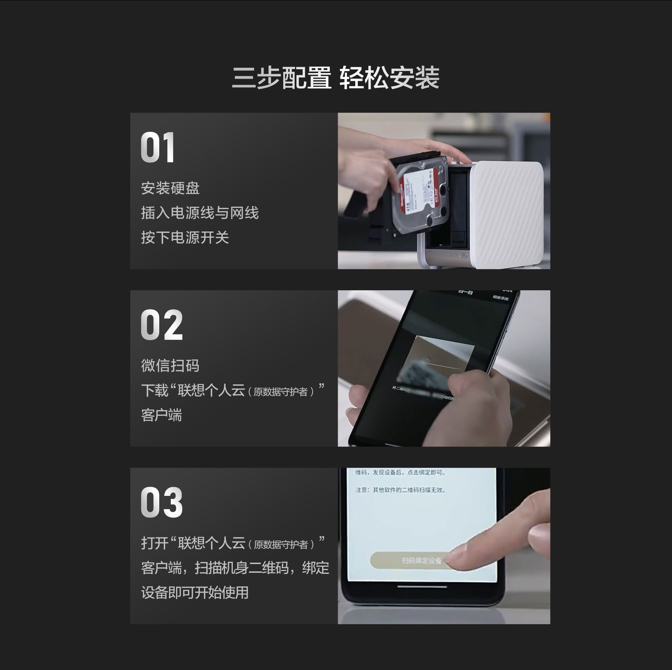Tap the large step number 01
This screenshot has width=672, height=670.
tap(157, 148)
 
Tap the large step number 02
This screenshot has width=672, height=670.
tap(162, 325)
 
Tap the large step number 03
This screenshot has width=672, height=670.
tap(162, 502)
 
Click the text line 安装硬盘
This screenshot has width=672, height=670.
tap(170, 188)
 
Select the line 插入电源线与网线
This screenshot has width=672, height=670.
tap(200, 213)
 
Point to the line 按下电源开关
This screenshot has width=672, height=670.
tap(185, 238)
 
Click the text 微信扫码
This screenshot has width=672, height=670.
tap(170, 366)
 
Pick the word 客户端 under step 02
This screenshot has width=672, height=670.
tap(161, 415)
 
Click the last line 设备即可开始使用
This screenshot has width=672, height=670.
tap(195, 593)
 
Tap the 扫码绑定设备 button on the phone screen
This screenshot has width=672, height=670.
tap(413, 561)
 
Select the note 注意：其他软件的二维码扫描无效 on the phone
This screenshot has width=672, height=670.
tap(400, 490)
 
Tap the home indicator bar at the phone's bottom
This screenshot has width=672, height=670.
tap(422, 586)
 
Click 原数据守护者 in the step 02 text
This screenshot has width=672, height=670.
tap(281, 392)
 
